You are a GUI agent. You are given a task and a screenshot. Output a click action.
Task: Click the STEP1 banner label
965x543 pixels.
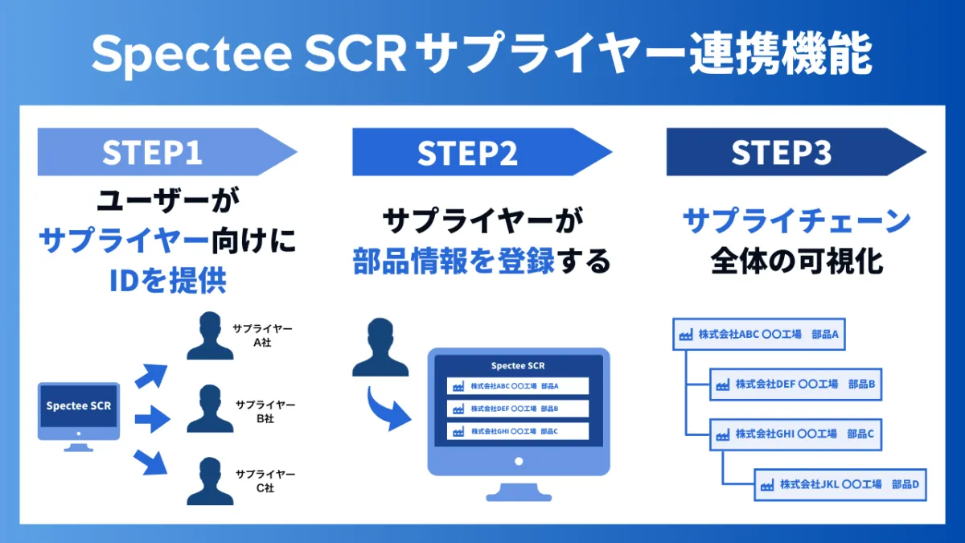point(152,152)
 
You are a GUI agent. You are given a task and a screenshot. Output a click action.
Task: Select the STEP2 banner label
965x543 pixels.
point(467,153)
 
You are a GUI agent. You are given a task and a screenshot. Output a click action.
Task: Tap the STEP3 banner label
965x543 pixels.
point(782,152)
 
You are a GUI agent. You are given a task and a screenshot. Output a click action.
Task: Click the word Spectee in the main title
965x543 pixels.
point(191,55)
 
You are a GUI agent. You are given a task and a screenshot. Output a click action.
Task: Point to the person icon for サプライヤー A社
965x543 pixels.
point(210,335)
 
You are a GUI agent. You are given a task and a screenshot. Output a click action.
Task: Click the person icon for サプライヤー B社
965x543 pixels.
point(210,409)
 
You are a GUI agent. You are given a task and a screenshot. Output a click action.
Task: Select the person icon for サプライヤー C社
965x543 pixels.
point(210,481)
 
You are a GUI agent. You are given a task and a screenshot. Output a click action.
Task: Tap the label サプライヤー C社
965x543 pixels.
point(265,481)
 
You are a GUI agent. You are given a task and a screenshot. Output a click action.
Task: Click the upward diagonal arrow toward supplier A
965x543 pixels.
point(151,376)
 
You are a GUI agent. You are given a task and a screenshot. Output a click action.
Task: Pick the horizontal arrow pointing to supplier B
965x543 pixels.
point(153,419)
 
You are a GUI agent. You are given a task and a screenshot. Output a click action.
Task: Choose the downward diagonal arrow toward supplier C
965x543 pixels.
point(150,462)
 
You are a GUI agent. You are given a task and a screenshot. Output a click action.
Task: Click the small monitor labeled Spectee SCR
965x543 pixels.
point(79,417)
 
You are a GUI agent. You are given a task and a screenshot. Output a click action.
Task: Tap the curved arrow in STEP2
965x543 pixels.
point(388,409)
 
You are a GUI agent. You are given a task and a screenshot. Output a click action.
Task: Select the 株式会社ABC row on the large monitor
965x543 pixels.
point(518,386)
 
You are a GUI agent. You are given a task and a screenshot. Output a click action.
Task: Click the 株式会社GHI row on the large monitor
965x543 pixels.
point(518,431)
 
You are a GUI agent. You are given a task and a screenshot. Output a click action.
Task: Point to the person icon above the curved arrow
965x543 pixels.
point(380,348)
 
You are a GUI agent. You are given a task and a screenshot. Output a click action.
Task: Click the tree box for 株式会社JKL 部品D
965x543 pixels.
point(840,485)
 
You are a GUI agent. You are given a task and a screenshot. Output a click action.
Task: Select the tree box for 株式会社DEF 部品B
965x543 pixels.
point(795,385)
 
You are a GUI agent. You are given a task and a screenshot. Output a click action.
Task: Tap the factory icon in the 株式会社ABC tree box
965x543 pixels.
point(686,335)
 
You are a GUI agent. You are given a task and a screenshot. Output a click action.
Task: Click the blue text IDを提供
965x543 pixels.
point(168,280)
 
